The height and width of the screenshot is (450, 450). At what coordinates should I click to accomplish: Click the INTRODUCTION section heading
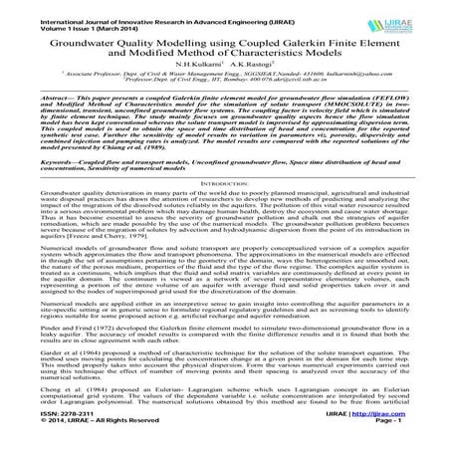[x=224, y=212]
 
